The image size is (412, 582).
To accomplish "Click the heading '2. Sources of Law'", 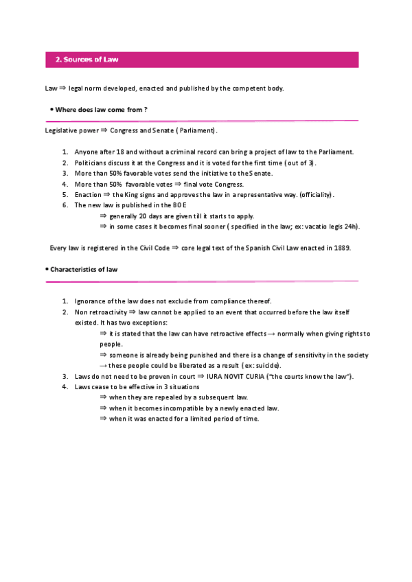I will point(87,60).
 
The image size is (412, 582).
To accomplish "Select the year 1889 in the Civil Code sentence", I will point(341,248).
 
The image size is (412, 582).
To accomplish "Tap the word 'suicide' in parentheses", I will point(266,366).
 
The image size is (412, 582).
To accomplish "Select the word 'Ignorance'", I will point(92,301).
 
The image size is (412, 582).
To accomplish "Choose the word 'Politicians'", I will point(93,163).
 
